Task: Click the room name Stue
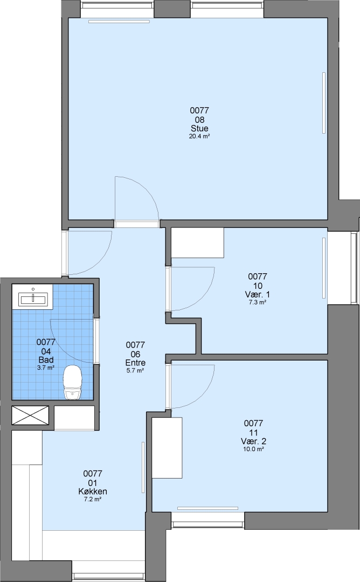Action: [199, 128]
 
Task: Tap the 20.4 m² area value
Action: [199, 136]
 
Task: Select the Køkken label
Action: [93, 491]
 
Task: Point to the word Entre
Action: [135, 363]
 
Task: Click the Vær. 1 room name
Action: [258, 295]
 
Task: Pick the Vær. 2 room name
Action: [253, 441]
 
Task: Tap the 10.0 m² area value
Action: [253, 449]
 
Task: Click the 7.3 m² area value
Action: [258, 302]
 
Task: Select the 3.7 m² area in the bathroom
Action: [46, 368]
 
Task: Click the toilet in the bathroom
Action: [72, 382]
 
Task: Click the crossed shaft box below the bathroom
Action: [30, 415]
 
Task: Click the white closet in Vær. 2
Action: [168, 448]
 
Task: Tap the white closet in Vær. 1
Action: [197, 242]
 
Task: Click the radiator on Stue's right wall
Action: [324, 103]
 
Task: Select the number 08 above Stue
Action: [199, 120]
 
